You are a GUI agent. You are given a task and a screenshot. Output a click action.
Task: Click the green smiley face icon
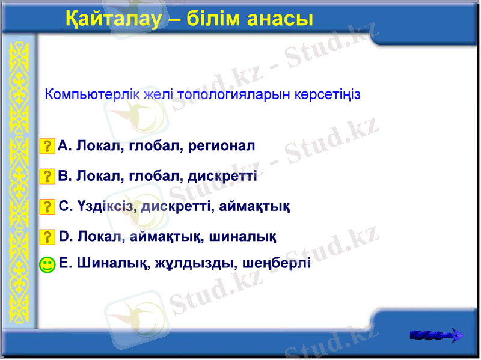coord(47,264)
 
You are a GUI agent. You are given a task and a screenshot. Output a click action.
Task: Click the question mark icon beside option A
coord(47,146)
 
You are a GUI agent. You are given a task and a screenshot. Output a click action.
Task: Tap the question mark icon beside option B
coord(47,177)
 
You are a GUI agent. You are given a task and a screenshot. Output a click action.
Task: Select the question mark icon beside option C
coord(47,207)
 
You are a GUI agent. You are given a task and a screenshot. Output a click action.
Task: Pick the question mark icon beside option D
coord(47,236)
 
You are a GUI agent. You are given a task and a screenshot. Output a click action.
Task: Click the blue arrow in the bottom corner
coord(437,335)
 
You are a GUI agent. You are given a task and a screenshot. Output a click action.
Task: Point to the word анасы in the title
coord(279,19)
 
